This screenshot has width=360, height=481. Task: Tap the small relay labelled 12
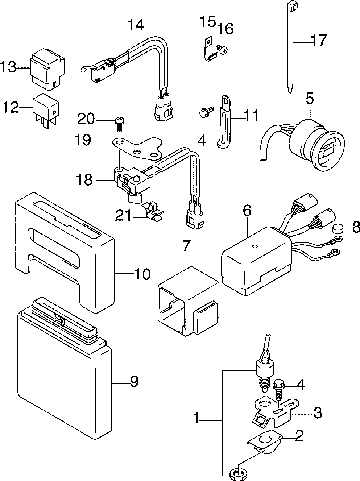tap(46, 111)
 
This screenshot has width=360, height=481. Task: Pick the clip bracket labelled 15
tap(209, 49)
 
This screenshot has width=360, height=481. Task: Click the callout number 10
tap(142, 274)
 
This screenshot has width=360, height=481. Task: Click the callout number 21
tap(123, 215)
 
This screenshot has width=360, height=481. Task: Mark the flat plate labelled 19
tap(138, 148)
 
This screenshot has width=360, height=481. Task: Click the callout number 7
tap(186, 246)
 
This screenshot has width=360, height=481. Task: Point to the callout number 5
tap(310, 99)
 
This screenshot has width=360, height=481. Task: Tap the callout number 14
tap(136, 25)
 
